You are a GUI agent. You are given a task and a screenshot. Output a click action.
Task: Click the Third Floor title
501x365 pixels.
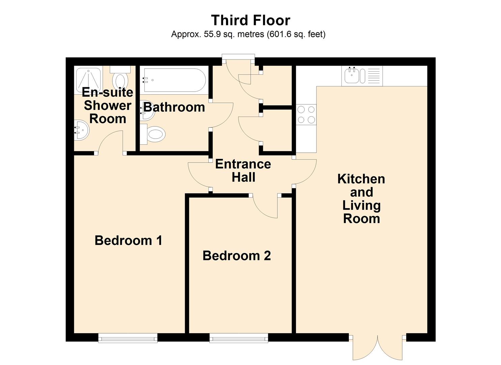(x=250, y=20)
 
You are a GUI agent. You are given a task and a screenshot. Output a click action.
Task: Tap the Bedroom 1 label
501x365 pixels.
(x=128, y=241)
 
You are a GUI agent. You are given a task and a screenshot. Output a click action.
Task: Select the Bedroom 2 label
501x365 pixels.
(x=236, y=256)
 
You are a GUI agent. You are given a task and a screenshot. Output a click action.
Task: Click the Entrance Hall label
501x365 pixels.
(x=243, y=171)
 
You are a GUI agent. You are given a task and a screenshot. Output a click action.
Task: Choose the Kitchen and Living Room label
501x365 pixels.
(x=361, y=199)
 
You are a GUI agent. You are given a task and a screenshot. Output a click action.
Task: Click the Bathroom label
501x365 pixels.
(x=174, y=107)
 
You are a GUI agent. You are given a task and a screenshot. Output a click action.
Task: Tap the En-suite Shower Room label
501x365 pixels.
(x=107, y=105)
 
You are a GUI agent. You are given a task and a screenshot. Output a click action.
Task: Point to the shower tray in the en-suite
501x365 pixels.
(x=88, y=80)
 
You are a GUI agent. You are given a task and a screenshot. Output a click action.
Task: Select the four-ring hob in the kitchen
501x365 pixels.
(x=306, y=115)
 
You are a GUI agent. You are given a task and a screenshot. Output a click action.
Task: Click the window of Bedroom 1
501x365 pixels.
(x=128, y=338)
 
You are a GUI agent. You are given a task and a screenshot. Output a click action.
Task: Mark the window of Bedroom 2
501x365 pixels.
(x=239, y=338)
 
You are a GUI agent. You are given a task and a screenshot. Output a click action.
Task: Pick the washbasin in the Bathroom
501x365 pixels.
(x=148, y=111)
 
